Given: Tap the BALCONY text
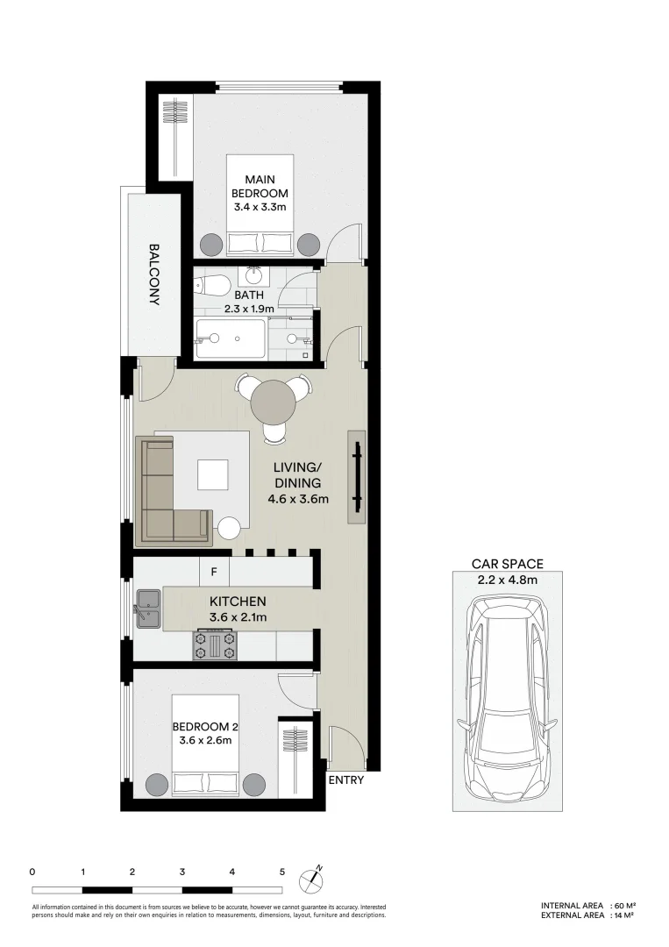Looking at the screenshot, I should (x=154, y=274).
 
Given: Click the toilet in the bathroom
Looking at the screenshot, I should (x=211, y=284).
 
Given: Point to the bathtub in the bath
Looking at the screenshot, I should (x=230, y=338).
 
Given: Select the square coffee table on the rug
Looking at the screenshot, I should (x=214, y=475).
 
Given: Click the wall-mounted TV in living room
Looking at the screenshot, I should (x=358, y=476).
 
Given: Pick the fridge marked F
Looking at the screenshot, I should (x=213, y=573).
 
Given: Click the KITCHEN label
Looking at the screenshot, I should (x=238, y=602).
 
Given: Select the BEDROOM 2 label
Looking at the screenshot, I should (x=206, y=727).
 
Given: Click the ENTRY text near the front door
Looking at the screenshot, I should (x=345, y=780).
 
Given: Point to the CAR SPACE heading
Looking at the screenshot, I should (x=507, y=564).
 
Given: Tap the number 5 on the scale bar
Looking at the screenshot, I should (x=281, y=872).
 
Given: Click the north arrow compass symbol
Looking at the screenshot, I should (x=311, y=878).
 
